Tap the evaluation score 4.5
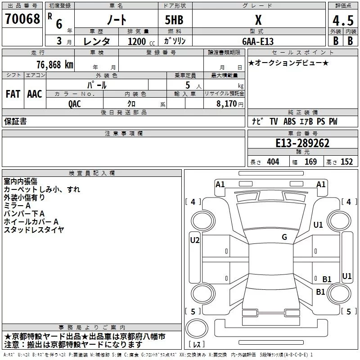coord(342,21)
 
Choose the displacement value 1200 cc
coord(138,41)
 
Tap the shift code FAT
coord(13,94)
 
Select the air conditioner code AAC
coord(35,94)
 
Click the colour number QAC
coord(75,103)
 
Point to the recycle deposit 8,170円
coord(228,103)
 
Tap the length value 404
coord(273,162)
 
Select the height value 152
coord(346,162)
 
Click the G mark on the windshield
coord(284,237)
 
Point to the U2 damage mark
coord(194,240)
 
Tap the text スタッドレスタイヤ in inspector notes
coord(34,229)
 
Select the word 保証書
coord(15,121)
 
